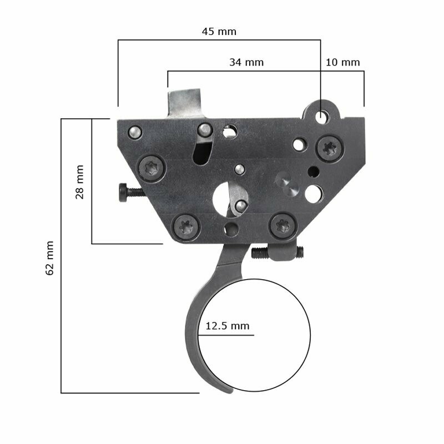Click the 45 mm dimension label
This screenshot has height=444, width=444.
[219, 32]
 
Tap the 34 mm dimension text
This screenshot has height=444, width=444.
[246, 63]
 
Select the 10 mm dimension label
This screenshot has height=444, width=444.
[342, 63]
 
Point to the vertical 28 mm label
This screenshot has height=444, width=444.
[79, 181]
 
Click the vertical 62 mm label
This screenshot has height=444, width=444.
[49, 258]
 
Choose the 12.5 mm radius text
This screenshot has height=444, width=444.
[228, 326]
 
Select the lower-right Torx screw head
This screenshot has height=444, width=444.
[281, 225]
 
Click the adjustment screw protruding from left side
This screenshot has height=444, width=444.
[129, 192]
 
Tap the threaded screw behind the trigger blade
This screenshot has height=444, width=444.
[277, 254]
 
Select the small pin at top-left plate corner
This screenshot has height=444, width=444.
[134, 132]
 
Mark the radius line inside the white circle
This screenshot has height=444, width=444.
[228, 335]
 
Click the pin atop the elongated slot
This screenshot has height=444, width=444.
[205, 130]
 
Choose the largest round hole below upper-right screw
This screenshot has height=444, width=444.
[314, 193]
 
